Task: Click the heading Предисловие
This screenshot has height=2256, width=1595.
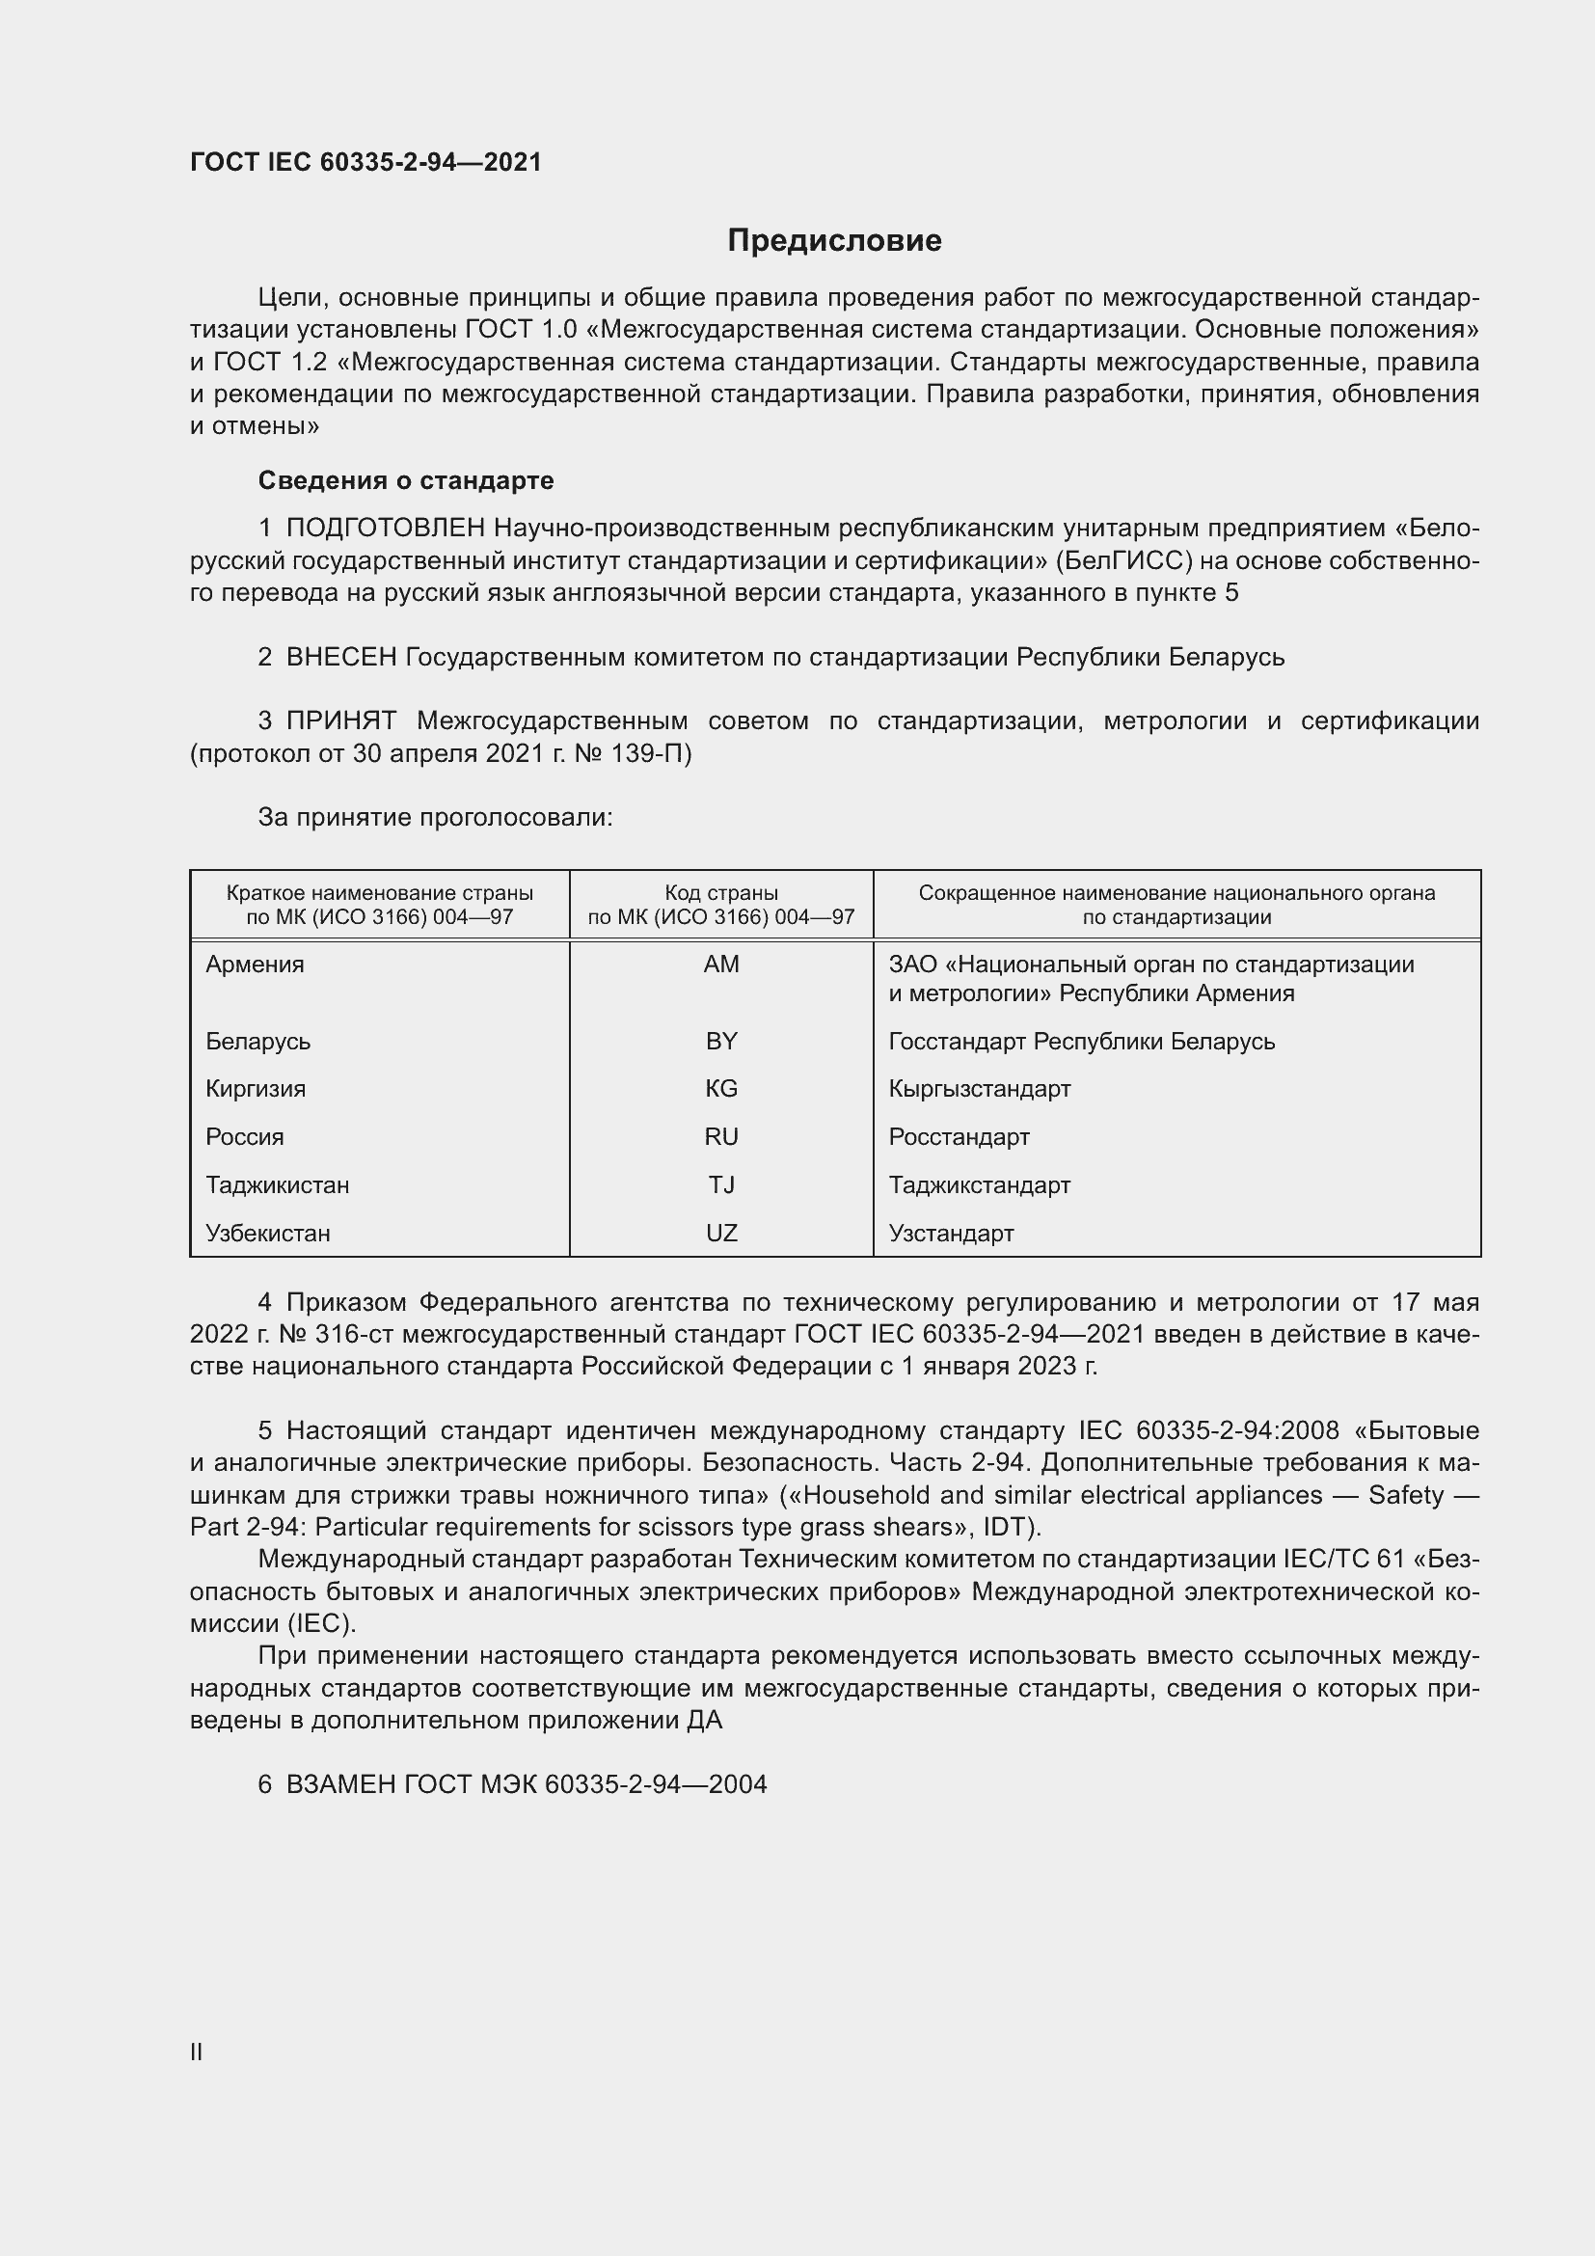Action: pos(834,241)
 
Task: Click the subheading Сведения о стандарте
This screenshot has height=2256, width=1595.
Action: pos(406,480)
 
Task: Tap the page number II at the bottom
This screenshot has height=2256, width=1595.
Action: pos(197,2052)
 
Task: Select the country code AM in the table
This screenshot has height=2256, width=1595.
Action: pos(721,965)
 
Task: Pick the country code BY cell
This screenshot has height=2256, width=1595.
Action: pos(721,1042)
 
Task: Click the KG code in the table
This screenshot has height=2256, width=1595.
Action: pos(721,1089)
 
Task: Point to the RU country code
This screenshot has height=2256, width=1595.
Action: pos(721,1137)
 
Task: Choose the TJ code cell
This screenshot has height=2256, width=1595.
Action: pos(721,1185)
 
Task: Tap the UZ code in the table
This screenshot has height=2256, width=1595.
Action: pos(721,1234)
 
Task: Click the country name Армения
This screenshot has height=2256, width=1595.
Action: pos(256,965)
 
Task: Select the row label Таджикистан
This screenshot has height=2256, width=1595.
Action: pos(278,1185)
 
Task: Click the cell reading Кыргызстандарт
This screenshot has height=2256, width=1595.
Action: pos(979,1089)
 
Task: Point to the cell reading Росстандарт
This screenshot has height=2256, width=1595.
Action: pos(959,1137)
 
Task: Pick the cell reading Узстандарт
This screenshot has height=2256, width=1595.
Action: pos(951,1234)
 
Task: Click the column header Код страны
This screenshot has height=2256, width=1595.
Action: pos(721,893)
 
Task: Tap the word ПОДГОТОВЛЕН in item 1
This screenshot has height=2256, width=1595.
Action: pos(385,529)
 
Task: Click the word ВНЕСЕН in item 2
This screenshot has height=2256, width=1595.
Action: pos(340,658)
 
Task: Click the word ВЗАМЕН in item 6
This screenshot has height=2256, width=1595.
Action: pos(340,1784)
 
